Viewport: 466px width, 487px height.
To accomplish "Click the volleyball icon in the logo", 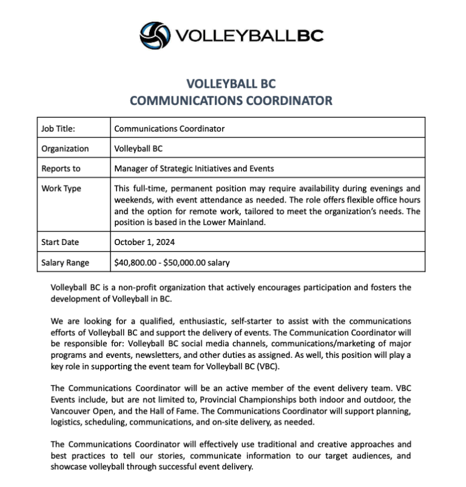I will point(155,35).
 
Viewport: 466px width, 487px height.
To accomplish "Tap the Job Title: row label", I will point(62,129).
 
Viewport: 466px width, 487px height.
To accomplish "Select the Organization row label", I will point(65,149).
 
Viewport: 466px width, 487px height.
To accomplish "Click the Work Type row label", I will point(61,189).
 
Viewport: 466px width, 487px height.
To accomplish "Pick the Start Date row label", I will point(60,242).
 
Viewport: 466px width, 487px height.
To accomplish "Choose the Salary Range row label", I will point(65,263).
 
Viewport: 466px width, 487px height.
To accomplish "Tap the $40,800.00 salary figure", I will point(137,263).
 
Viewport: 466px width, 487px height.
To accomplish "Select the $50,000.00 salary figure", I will point(187,263).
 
